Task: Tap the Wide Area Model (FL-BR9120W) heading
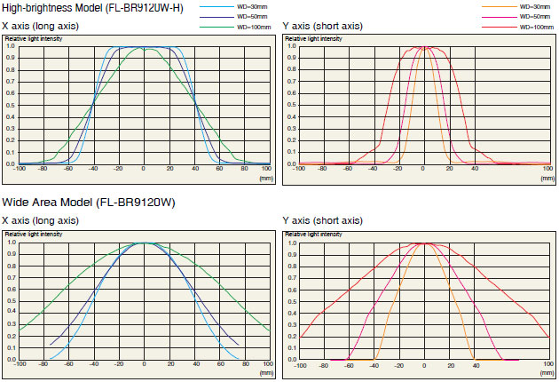click(88, 203)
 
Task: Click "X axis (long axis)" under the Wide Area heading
click(41, 220)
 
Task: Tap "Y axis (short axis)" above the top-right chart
click(322, 26)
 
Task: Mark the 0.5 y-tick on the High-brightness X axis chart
click(10, 106)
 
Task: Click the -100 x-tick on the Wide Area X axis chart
click(20, 364)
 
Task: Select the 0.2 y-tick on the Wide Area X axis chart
click(10, 337)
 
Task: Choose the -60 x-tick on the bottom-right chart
click(349, 364)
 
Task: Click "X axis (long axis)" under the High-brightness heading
click(41, 26)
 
